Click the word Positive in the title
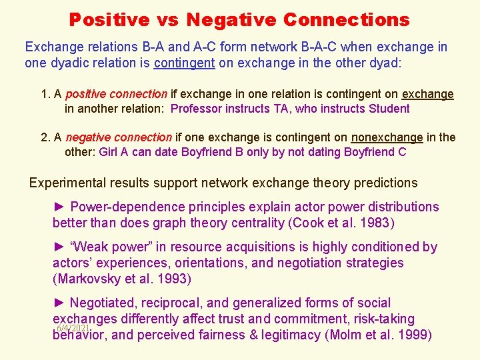tap(109, 19)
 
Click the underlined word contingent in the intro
tap(185, 63)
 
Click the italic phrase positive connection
tap(116, 95)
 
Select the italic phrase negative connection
tap(119, 137)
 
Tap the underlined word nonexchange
tap(387, 137)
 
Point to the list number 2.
tap(45, 137)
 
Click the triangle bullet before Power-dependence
tap(59, 207)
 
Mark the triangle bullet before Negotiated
tap(59, 303)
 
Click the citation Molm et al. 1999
tap(378, 335)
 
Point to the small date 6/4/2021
tap(73, 328)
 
